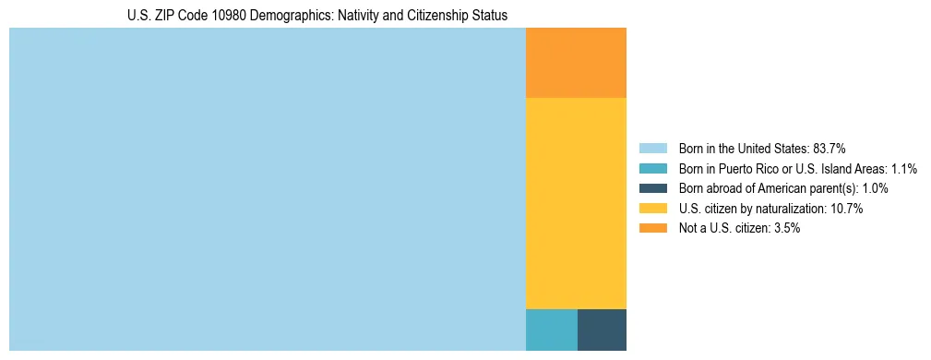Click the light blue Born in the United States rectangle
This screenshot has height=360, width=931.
pyautogui.click(x=267, y=189)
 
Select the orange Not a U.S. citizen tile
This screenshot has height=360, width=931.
pyautogui.click(x=576, y=63)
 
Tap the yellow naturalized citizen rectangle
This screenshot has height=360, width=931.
pyautogui.click(x=576, y=203)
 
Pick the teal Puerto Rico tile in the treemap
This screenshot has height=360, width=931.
pyautogui.click(x=551, y=330)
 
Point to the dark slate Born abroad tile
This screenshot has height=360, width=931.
pyautogui.click(x=602, y=330)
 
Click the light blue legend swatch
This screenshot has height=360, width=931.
pyautogui.click(x=652, y=148)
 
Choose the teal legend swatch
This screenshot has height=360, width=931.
pyautogui.click(x=652, y=168)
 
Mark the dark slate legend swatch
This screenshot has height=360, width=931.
pyautogui.click(x=652, y=188)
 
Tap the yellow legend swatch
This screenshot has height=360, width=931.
pyautogui.click(x=652, y=209)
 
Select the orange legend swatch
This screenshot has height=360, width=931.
pyautogui.click(x=652, y=228)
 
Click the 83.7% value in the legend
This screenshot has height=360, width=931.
pyautogui.click(x=830, y=148)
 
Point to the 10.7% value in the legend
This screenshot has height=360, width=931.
pyautogui.click(x=846, y=209)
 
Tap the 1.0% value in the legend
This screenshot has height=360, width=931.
pyautogui.click(x=875, y=188)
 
